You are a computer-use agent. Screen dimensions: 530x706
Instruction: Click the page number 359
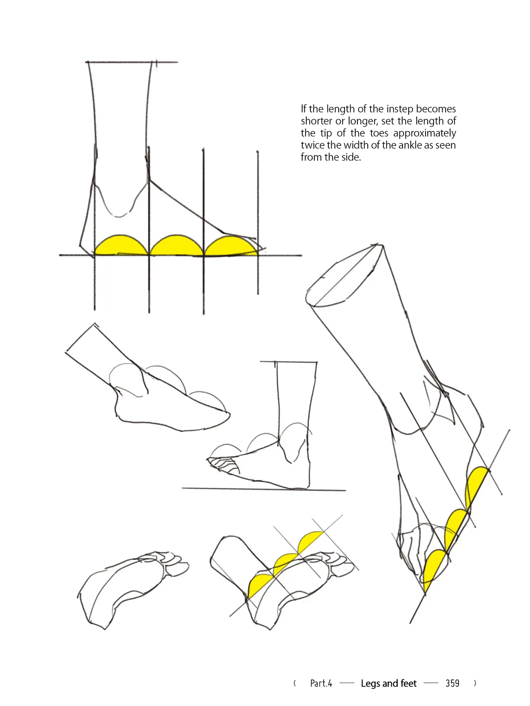452,683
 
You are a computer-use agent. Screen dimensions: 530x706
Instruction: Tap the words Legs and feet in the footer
388,683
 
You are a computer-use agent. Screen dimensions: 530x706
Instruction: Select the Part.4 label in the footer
321,683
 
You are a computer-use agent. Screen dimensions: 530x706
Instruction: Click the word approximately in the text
424,133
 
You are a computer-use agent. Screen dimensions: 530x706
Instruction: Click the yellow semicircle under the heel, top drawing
121,246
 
